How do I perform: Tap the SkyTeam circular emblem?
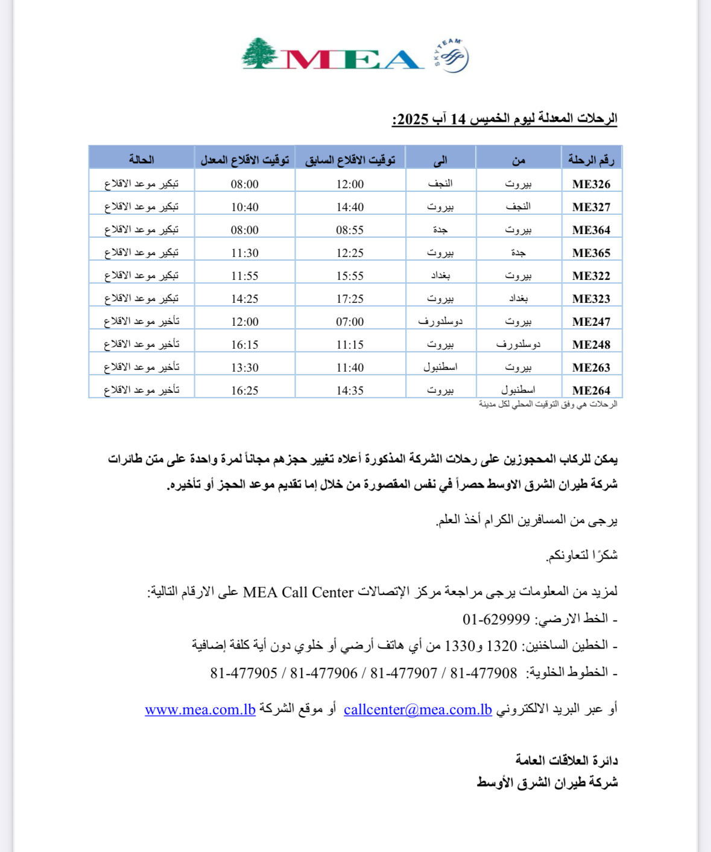pyautogui.click(x=452, y=57)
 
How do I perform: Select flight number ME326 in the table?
pyautogui.click(x=591, y=184)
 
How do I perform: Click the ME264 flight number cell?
pyautogui.click(x=591, y=390)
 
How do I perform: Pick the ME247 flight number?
pyautogui.click(x=591, y=322)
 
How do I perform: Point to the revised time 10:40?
pyautogui.click(x=245, y=207)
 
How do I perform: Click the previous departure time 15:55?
pyautogui.click(x=350, y=276)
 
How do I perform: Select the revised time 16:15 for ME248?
pyautogui.click(x=245, y=345)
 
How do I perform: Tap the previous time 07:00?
pyautogui.click(x=350, y=322)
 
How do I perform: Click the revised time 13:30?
pyautogui.click(x=245, y=367)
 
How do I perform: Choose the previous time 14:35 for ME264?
pyautogui.click(x=350, y=390)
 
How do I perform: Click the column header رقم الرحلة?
pyautogui.click(x=591, y=159)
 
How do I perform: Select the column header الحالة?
pyautogui.click(x=141, y=159)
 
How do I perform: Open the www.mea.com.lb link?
pyautogui.click(x=200, y=710)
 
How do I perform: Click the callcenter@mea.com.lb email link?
pyautogui.click(x=418, y=710)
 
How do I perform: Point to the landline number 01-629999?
pyautogui.click(x=496, y=619)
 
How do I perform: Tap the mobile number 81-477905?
pyautogui.click(x=244, y=673)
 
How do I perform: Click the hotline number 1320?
pyautogui.click(x=502, y=646)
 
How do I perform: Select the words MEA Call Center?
pyautogui.click(x=298, y=593)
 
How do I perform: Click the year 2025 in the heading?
pyautogui.click(x=413, y=119)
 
